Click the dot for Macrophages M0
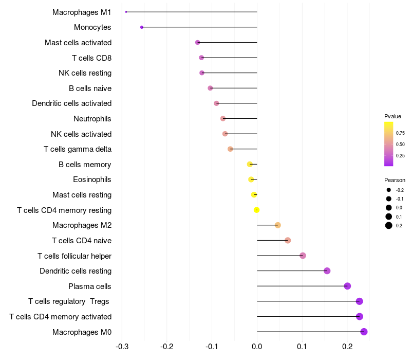click(364, 332)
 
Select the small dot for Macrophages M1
click(126, 12)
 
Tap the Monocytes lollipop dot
click(142, 27)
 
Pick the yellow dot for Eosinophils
click(251, 179)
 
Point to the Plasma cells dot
click(347, 286)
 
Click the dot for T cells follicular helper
click(303, 256)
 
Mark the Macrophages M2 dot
click(278, 225)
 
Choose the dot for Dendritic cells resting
click(327, 271)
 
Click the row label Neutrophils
click(92, 119)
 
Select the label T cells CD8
click(92, 58)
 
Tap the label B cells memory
click(85, 165)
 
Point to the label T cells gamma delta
click(78, 149)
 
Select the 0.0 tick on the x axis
click(257, 346)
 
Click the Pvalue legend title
click(393, 116)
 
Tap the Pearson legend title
click(395, 180)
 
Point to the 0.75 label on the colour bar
click(400, 133)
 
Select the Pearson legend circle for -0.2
click(389, 190)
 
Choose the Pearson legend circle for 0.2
click(389, 225)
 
